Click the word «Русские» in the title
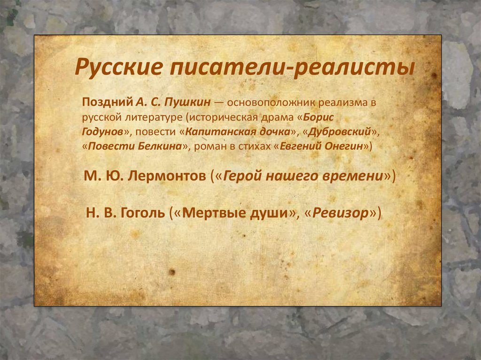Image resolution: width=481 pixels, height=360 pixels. tap(118, 67)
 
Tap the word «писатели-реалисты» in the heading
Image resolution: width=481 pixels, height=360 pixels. tap(292, 67)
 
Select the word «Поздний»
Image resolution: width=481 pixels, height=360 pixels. tap(107, 102)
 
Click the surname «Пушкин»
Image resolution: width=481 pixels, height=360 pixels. tap(187, 102)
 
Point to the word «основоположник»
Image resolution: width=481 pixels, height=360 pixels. tap(271, 102)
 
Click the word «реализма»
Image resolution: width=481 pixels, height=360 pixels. tap(342, 103)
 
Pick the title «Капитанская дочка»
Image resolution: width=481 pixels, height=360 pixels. tap(238, 132)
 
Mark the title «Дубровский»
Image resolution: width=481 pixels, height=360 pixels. tap(340, 132)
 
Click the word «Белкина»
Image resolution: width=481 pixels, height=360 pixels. tap(160, 146)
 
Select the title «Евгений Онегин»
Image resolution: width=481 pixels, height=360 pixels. tap(321, 146)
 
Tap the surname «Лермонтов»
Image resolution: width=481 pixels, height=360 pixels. tap(167, 176)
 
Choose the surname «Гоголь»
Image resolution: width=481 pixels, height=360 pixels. tap(143, 213)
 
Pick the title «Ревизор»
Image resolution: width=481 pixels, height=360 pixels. tap(340, 213)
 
